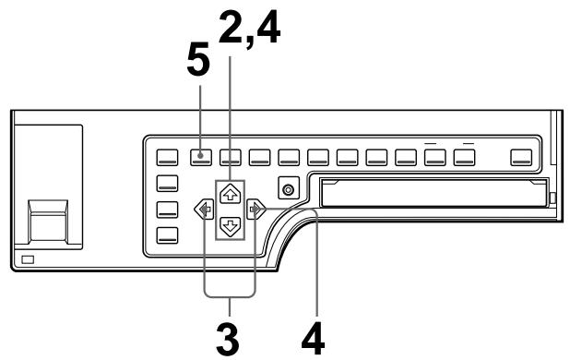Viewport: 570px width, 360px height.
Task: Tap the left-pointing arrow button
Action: pyautogui.click(x=200, y=210)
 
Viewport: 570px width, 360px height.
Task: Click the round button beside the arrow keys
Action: pyautogui.click(x=290, y=190)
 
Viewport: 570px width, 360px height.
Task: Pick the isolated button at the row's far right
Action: pyautogui.click(x=523, y=155)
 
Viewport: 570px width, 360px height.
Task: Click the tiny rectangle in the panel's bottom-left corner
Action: pyautogui.click(x=27, y=260)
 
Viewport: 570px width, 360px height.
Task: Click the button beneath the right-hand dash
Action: pyautogui.click(x=465, y=155)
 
